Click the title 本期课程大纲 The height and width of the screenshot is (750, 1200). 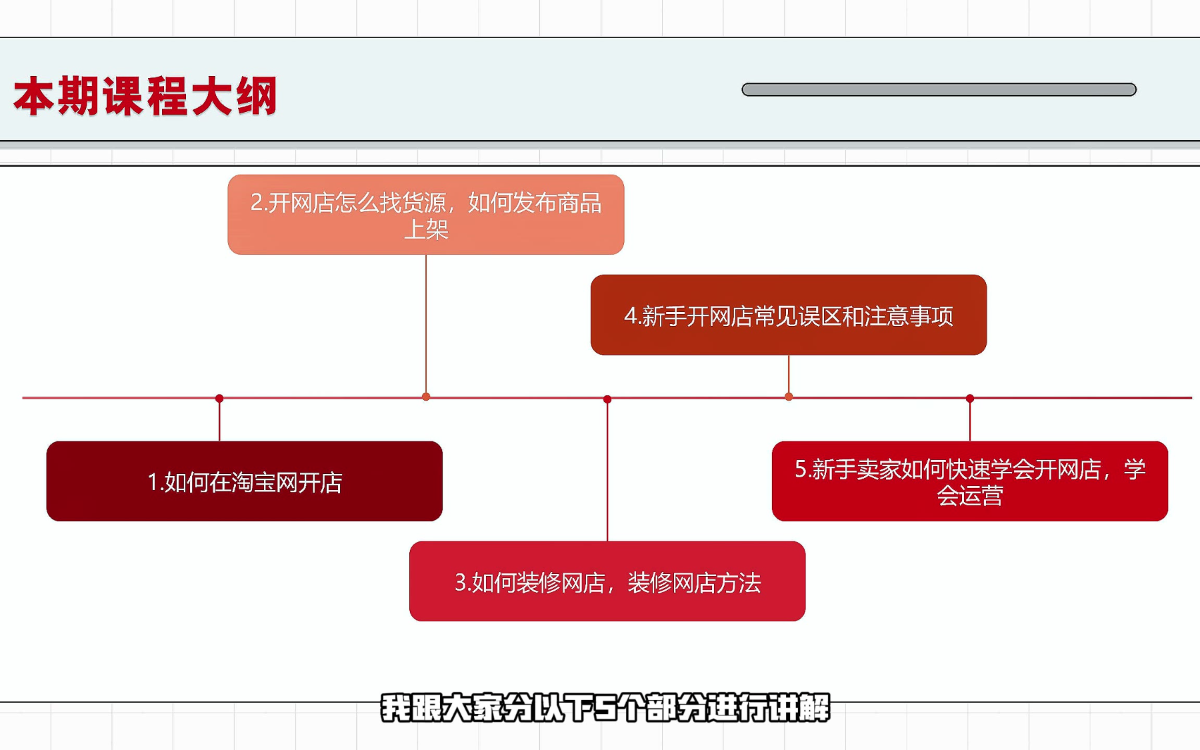[145, 96]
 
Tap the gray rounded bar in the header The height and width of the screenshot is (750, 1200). [939, 89]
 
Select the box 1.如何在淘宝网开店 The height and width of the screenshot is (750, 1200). [245, 481]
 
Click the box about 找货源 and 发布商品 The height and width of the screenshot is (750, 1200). [426, 215]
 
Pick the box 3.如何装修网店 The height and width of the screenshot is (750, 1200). [607, 581]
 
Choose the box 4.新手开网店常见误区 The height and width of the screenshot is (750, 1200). [789, 315]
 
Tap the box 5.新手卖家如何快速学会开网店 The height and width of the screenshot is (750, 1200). [970, 481]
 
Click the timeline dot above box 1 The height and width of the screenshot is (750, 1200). [219, 399]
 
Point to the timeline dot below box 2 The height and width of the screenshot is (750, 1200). [426, 397]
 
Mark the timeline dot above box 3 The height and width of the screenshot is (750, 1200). [607, 399]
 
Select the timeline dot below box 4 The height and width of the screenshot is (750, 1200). [789, 397]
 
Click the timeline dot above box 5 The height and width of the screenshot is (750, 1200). [970, 399]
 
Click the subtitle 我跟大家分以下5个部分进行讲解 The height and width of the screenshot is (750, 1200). [605, 708]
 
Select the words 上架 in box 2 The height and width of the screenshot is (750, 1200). [426, 229]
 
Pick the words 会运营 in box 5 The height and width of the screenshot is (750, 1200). [970, 496]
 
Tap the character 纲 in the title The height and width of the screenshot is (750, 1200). [257, 96]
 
